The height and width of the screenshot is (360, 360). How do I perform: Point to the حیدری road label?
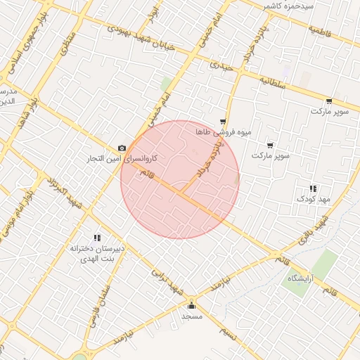click(220, 66)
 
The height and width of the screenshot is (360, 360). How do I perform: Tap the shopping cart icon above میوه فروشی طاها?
click(223, 122)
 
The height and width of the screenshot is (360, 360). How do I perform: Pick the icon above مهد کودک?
click(313, 188)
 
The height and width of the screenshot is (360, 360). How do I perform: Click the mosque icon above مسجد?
click(191, 305)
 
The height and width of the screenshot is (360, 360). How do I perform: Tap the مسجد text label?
click(191, 316)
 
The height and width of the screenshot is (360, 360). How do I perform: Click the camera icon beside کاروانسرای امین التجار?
click(122, 148)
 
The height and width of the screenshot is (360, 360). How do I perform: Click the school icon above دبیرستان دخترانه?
click(96, 238)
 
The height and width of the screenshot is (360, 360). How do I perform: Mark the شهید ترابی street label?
click(170, 282)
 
